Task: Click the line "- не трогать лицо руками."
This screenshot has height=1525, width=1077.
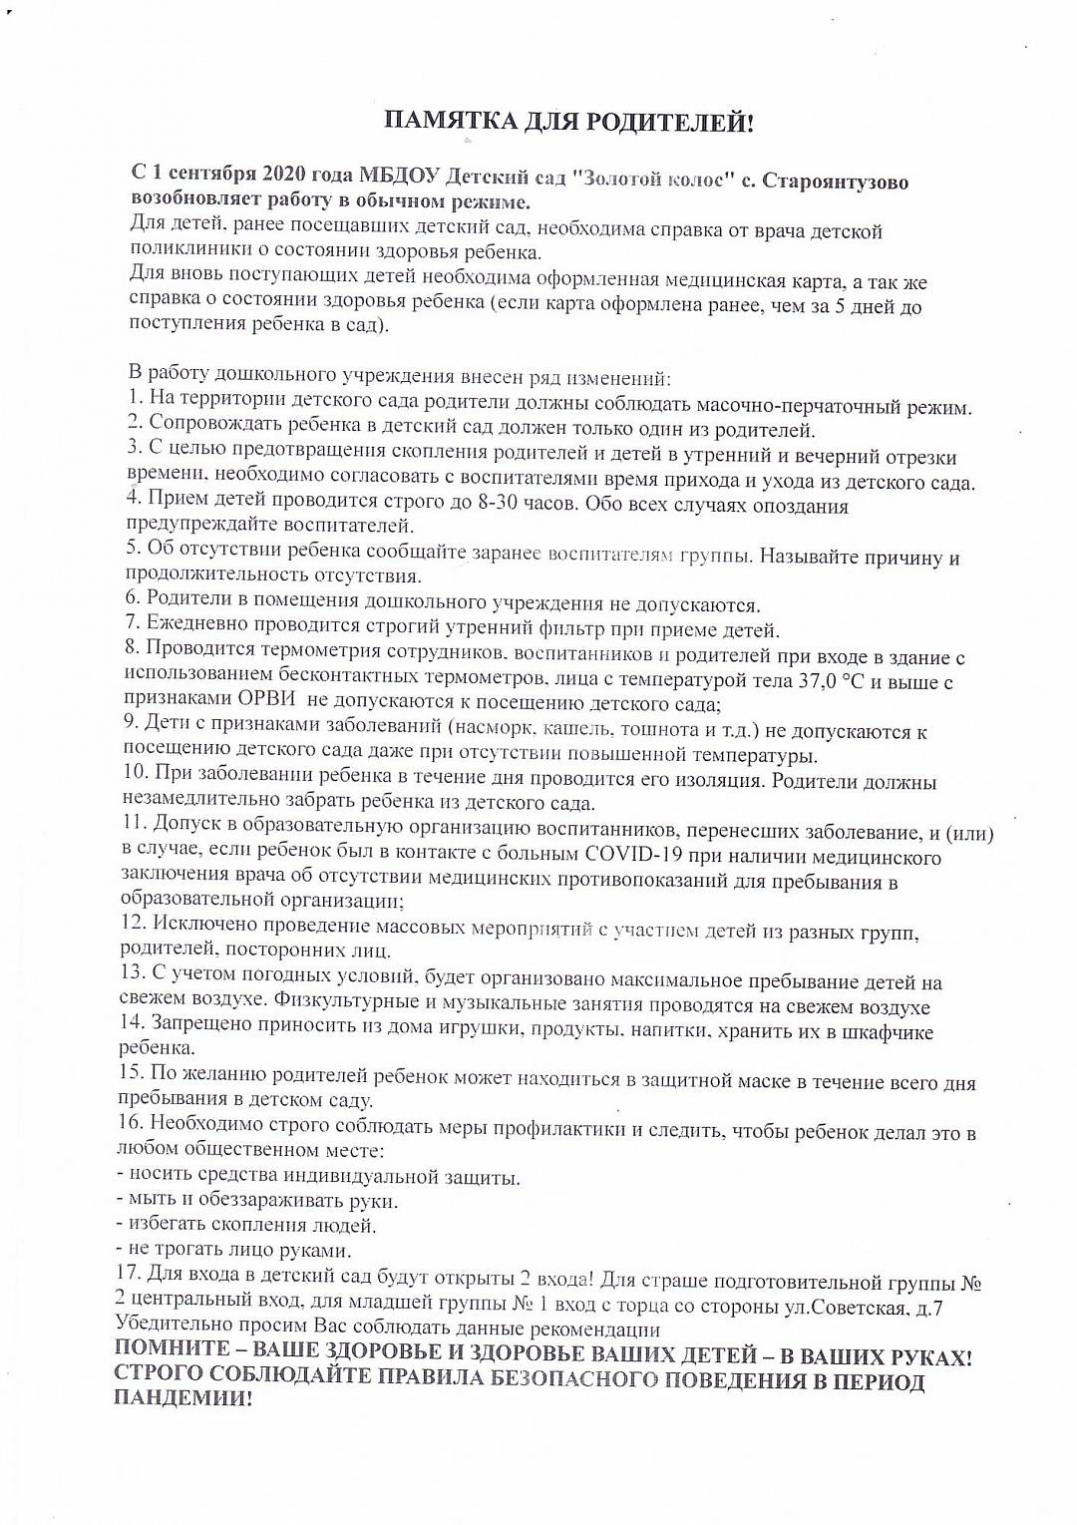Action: pos(233,1250)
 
